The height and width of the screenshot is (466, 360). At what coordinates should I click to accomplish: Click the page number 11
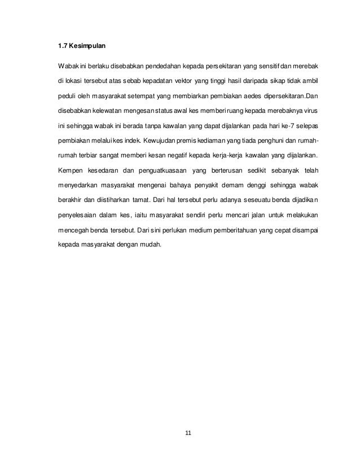tap(188, 433)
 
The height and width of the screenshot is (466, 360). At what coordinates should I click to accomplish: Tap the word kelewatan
tap(116, 109)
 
